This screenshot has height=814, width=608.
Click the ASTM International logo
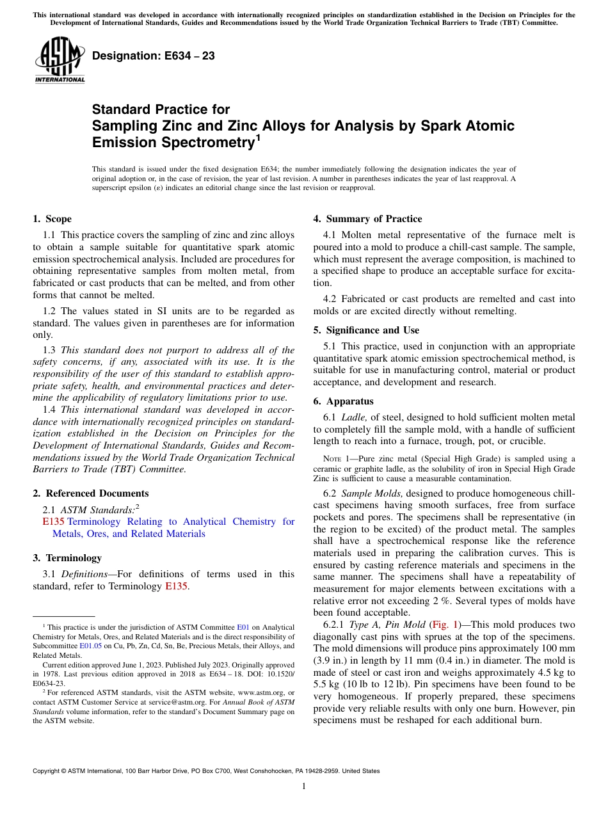(x=60, y=60)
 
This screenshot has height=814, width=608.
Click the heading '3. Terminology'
(x=67, y=557)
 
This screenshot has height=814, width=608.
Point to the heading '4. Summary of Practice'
(x=367, y=219)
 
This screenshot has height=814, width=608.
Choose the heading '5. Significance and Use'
(x=366, y=330)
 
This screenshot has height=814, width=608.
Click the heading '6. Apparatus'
(x=342, y=401)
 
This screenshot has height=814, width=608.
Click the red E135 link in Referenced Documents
(x=53, y=522)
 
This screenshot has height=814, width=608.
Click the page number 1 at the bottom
(x=303, y=786)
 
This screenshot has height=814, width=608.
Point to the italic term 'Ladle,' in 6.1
(x=355, y=417)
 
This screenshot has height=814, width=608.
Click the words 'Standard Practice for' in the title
(x=161, y=109)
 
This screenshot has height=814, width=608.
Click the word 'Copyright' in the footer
(x=48, y=771)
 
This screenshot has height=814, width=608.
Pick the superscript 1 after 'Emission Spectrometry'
(x=258, y=138)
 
